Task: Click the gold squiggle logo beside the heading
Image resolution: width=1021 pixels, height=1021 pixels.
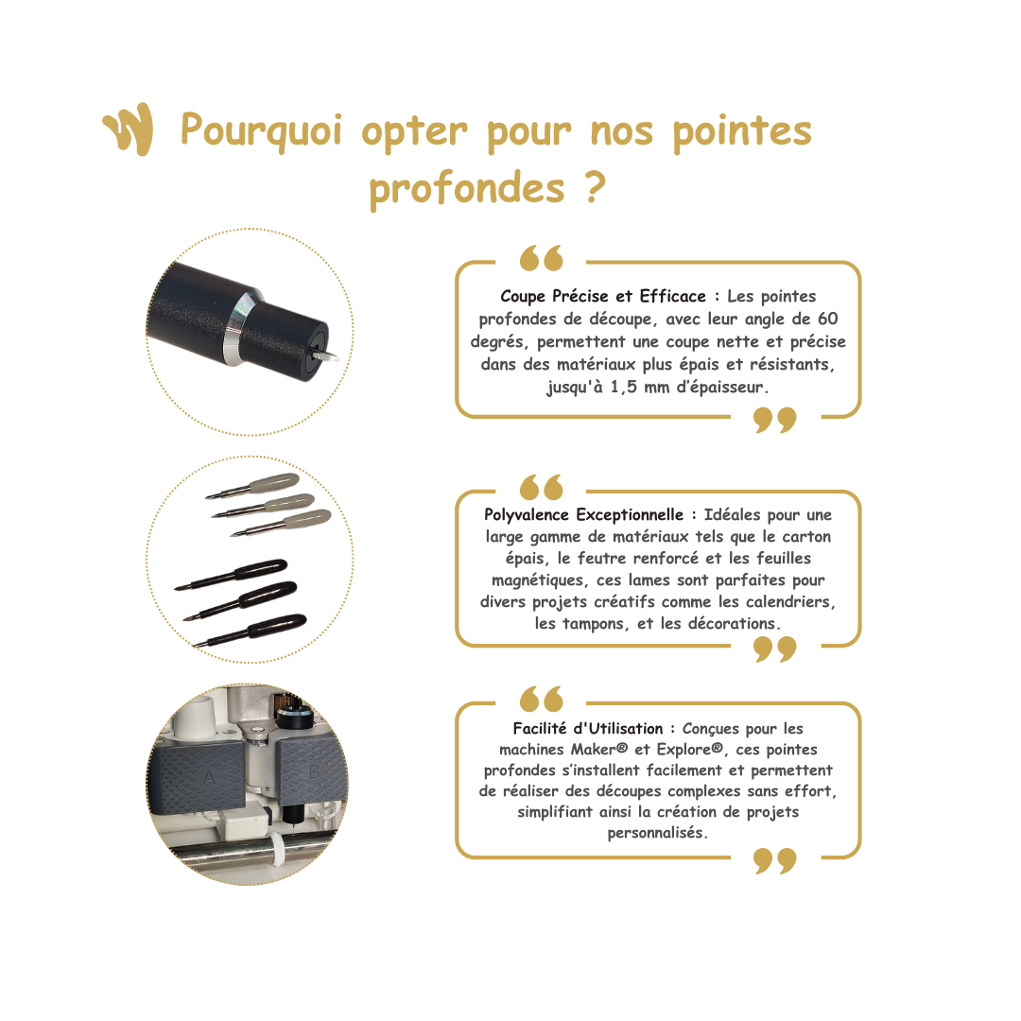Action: click(129, 129)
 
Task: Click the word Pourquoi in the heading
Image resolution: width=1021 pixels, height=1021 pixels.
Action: click(261, 131)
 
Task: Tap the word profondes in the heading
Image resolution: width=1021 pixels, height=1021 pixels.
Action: click(467, 190)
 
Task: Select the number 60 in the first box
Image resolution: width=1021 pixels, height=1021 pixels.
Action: click(827, 319)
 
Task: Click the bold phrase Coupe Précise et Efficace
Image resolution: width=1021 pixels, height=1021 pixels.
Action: click(603, 296)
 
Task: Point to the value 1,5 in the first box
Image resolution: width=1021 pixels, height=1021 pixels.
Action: click(623, 387)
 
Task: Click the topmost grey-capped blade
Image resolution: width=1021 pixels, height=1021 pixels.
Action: click(253, 487)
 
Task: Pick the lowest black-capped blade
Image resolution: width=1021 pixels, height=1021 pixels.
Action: click(250, 630)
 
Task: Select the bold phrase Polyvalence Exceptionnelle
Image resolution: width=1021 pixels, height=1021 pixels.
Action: click(583, 515)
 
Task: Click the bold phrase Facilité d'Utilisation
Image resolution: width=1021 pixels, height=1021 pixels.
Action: click(588, 729)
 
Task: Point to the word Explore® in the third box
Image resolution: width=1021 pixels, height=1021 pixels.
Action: click(690, 750)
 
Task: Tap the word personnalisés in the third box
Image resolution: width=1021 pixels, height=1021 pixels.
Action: click(657, 833)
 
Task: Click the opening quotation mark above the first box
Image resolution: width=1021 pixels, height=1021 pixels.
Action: click(541, 258)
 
